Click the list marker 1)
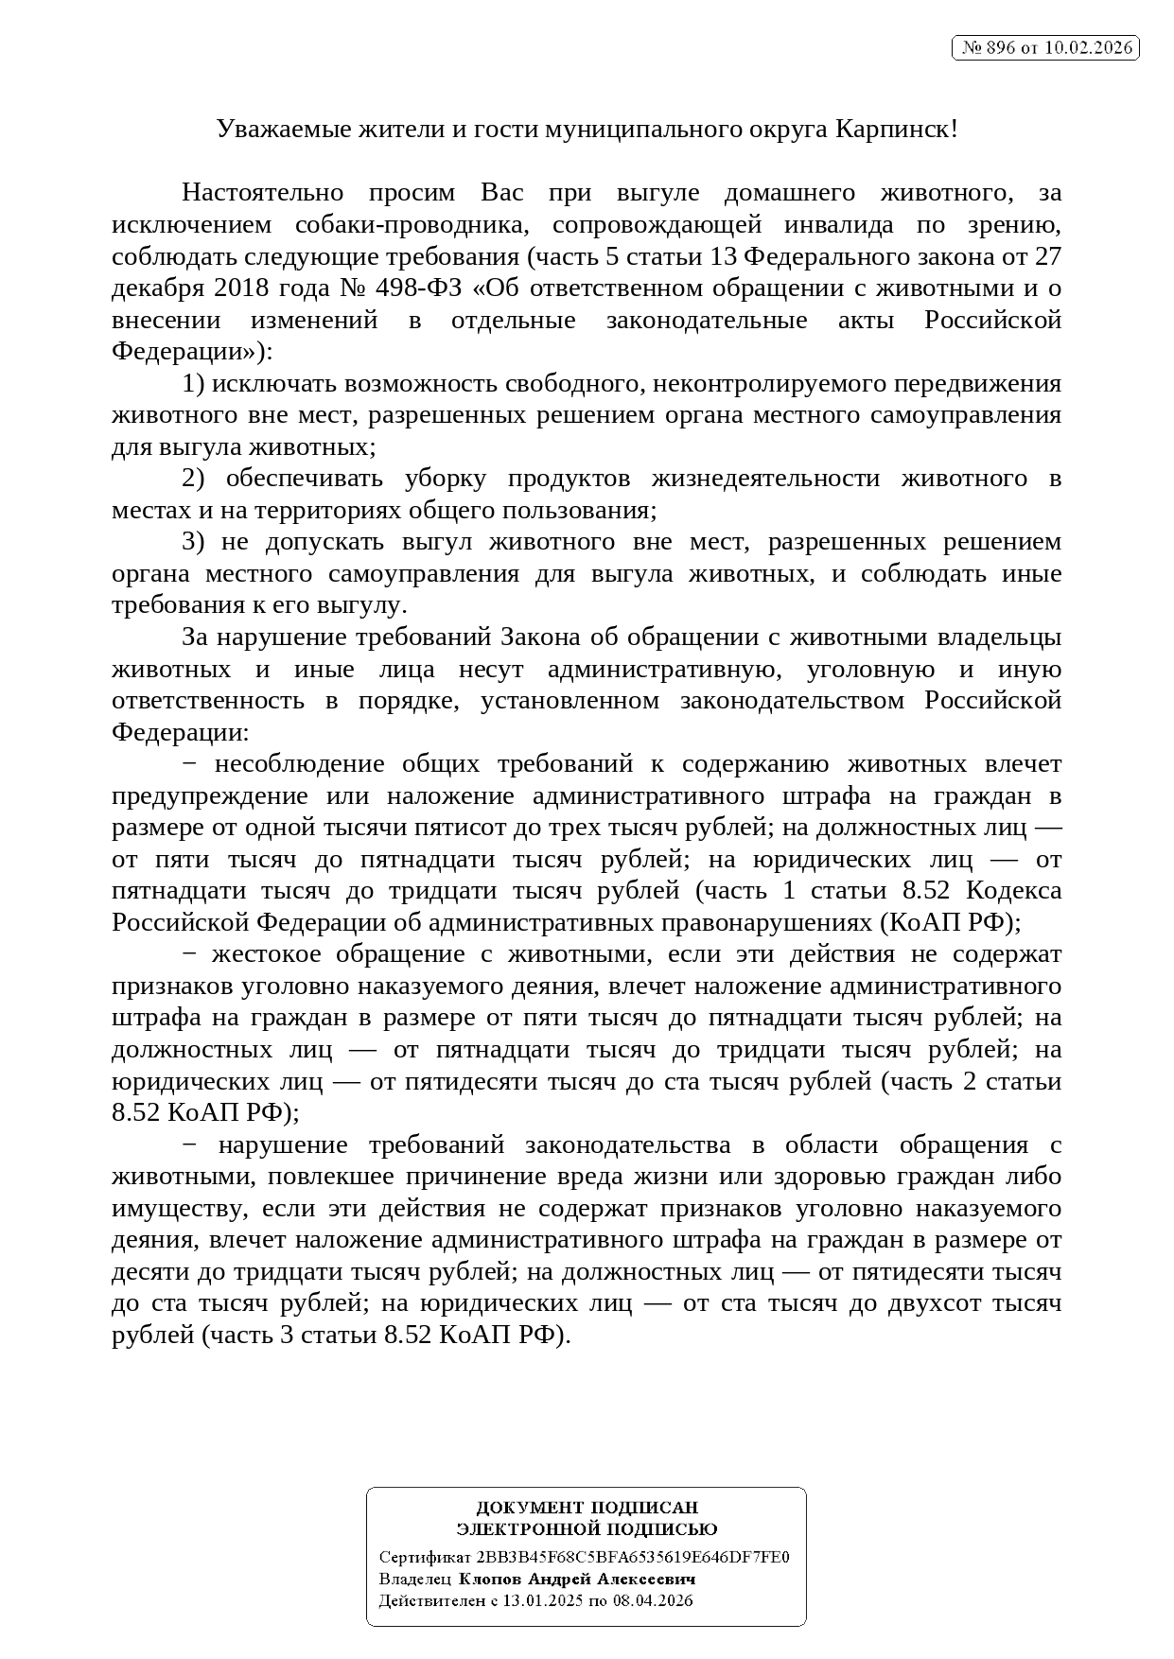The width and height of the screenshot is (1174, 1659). click(193, 383)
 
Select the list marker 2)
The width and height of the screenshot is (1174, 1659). click(193, 479)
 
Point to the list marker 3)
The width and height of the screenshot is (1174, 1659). click(193, 542)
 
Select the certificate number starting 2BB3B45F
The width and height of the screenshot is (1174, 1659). click(633, 1557)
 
